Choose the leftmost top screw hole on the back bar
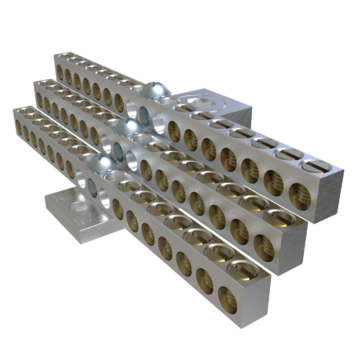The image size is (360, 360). click(x=62, y=56)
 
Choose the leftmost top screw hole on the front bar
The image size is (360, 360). click(x=22, y=111)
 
